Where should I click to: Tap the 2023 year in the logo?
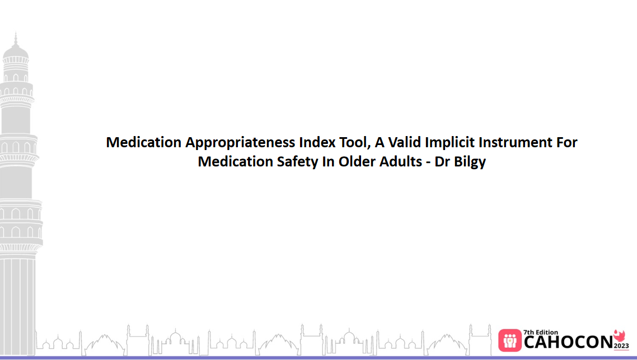621,345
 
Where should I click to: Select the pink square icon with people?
510,340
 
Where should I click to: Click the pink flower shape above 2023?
619,335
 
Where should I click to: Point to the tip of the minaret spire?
16,34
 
